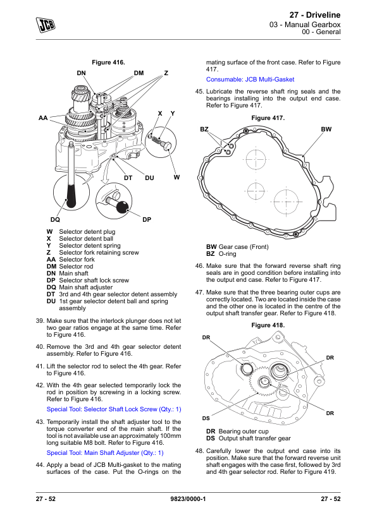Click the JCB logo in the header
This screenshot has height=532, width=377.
pyautogui.click(x=46, y=25)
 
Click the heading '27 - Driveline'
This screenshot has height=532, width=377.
pyautogui.click(x=314, y=15)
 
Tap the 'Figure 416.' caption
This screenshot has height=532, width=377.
pyautogui.click(x=108, y=63)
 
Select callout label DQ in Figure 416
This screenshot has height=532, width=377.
pyautogui.click(x=55, y=219)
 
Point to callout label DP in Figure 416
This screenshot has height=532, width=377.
pyautogui.click(x=147, y=219)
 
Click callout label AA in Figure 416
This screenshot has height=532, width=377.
pyautogui.click(x=43, y=118)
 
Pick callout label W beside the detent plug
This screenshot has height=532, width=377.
pyautogui.click(x=176, y=177)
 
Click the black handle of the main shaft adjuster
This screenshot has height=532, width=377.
pyautogui.click(x=71, y=196)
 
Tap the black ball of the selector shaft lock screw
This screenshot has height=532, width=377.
pyautogui.click(x=122, y=206)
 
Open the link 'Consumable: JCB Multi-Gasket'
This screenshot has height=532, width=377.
pyautogui.click(x=250, y=80)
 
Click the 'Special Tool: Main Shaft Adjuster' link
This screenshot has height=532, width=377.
pyautogui.click(x=105, y=453)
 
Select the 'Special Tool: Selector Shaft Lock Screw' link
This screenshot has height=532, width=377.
pyautogui.click(x=114, y=409)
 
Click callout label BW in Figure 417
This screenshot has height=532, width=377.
pyautogui.click(x=326, y=130)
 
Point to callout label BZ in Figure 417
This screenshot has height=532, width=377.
pyautogui.click(x=204, y=130)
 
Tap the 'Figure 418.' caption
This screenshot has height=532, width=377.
pyautogui.click(x=268, y=325)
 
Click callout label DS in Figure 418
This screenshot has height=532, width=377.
pyautogui.click(x=206, y=418)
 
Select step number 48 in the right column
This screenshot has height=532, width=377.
pyautogui.click(x=199, y=451)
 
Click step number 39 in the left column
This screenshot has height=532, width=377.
pyautogui.click(x=40, y=320)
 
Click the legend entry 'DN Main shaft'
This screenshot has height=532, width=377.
pyautogui.click(x=67, y=274)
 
